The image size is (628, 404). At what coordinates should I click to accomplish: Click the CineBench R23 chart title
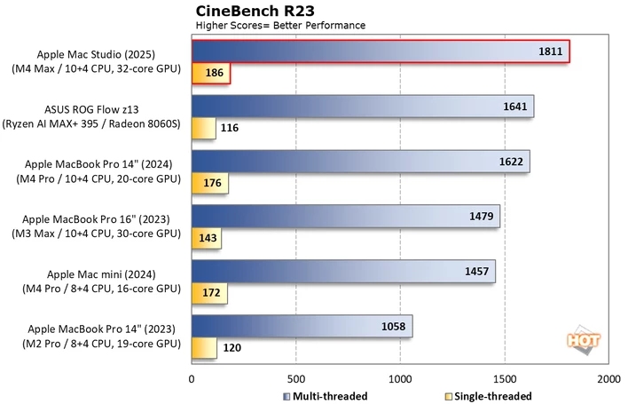[255, 11]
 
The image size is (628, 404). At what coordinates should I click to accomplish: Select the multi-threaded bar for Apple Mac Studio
[381, 51]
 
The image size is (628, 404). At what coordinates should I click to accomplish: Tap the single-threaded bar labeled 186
[211, 73]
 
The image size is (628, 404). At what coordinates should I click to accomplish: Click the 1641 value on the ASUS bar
[515, 107]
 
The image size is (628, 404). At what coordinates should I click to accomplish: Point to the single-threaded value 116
[230, 128]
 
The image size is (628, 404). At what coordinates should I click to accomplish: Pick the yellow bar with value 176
[210, 183]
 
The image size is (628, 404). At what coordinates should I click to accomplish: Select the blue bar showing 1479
[346, 217]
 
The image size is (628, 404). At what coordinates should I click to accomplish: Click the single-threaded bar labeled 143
[207, 238]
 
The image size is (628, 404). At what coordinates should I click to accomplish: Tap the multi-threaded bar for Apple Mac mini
[343, 272]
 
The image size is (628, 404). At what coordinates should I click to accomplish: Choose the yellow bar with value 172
[210, 293]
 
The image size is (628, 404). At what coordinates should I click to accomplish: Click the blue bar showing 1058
[302, 326]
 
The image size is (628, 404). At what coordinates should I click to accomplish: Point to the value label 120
[232, 347]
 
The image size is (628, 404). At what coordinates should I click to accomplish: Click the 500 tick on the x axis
[296, 379]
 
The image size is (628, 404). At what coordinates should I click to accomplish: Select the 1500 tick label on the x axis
[505, 379]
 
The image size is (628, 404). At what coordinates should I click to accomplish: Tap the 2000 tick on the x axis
[608, 379]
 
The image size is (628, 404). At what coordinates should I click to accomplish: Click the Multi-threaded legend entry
[326, 396]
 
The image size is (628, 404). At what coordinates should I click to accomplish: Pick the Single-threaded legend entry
[489, 396]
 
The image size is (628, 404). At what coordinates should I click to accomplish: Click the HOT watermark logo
[584, 341]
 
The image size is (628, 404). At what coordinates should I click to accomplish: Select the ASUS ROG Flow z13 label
[91, 109]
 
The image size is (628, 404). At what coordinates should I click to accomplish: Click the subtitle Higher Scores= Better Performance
[280, 26]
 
